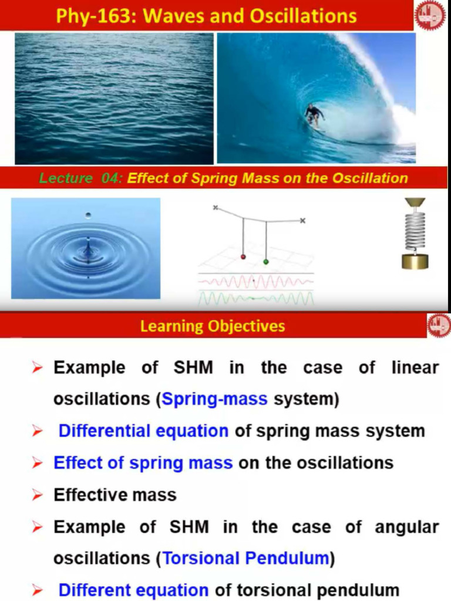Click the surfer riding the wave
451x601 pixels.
coord(314,115)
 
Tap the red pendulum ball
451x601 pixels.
coord(243,257)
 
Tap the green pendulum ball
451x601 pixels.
coord(266,261)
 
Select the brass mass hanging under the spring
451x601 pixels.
coord(415,260)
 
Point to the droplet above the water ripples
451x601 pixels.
coord(88,215)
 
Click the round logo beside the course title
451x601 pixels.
coord(430,15)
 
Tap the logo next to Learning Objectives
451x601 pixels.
coord(438,325)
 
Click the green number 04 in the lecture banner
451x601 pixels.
coord(110,178)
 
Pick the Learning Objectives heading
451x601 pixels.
coord(213,326)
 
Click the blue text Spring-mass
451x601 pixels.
coord(214,400)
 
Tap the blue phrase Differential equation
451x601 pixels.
coord(143,431)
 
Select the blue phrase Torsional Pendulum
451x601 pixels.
coord(245,558)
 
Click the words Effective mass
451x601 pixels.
coord(115,495)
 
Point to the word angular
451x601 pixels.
coord(407,527)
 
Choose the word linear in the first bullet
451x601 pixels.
coord(415,368)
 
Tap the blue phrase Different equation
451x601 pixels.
coord(133,590)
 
